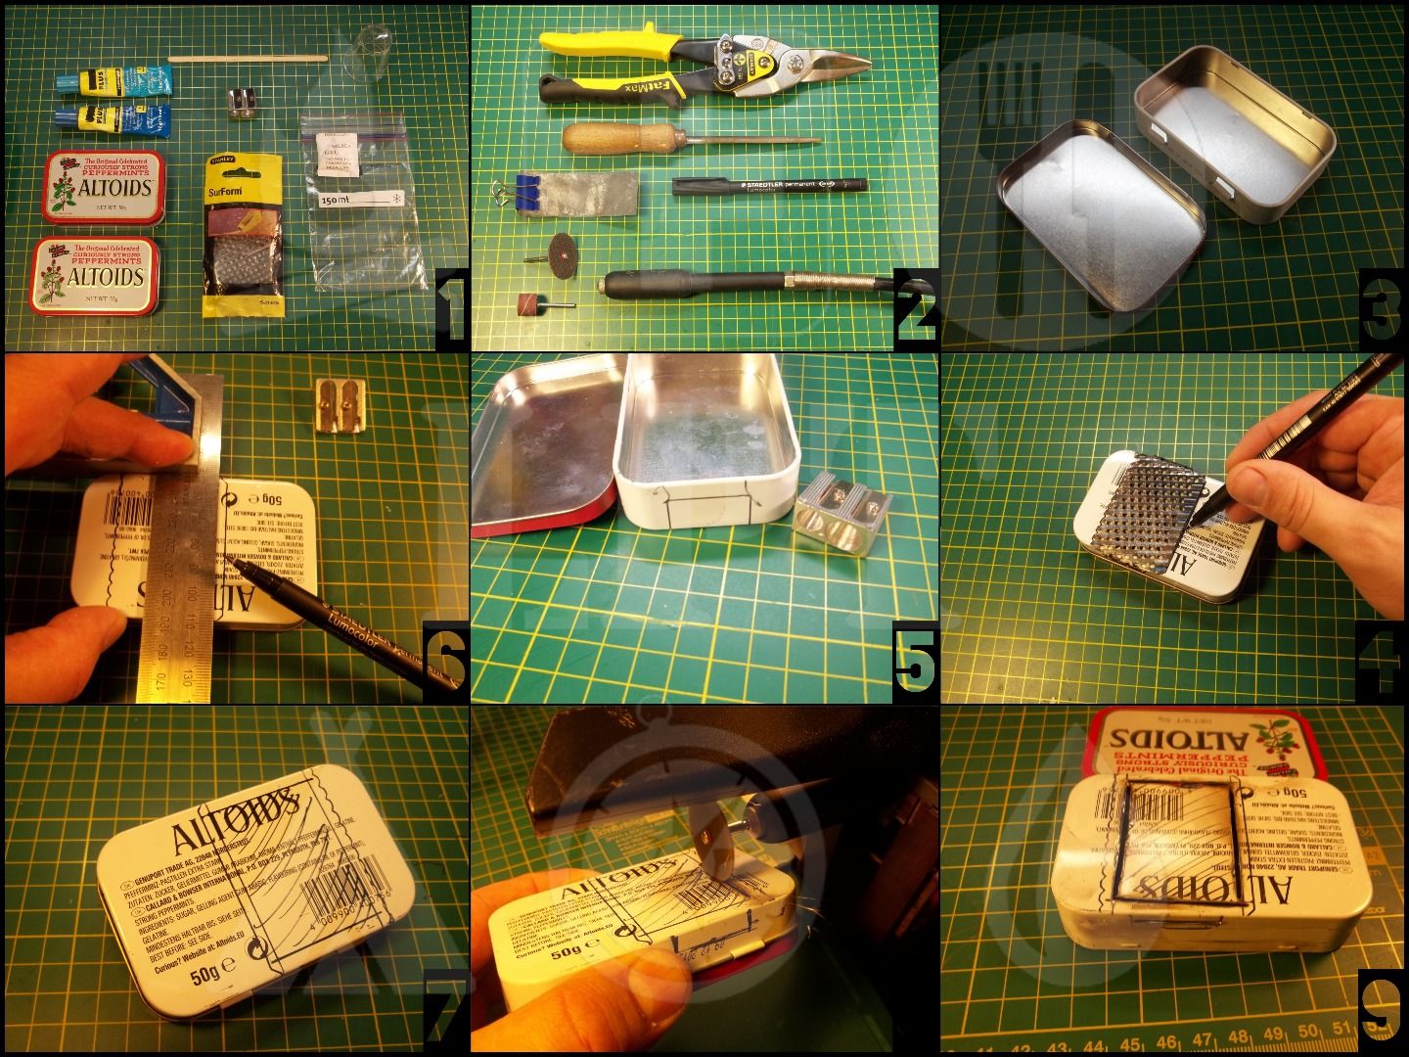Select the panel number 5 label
coord(915,662)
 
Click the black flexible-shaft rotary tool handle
coord(685,287)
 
